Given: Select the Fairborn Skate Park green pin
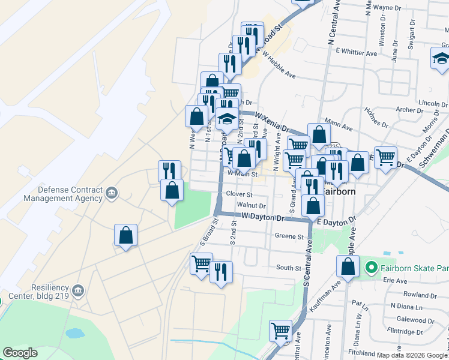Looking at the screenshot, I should [372, 266].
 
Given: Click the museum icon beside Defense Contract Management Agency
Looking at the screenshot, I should [112, 193].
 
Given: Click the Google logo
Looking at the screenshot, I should [20, 352].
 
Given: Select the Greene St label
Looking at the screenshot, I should [290, 236].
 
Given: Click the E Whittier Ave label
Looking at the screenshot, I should [357, 53].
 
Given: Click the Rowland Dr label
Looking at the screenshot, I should [416, 295].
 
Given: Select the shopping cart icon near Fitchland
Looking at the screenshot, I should [280, 329].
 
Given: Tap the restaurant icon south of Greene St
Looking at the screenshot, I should [221, 272].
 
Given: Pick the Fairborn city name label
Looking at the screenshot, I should [340, 191].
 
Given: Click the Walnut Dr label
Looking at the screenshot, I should [252, 205].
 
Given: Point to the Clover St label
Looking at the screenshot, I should [240, 194].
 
